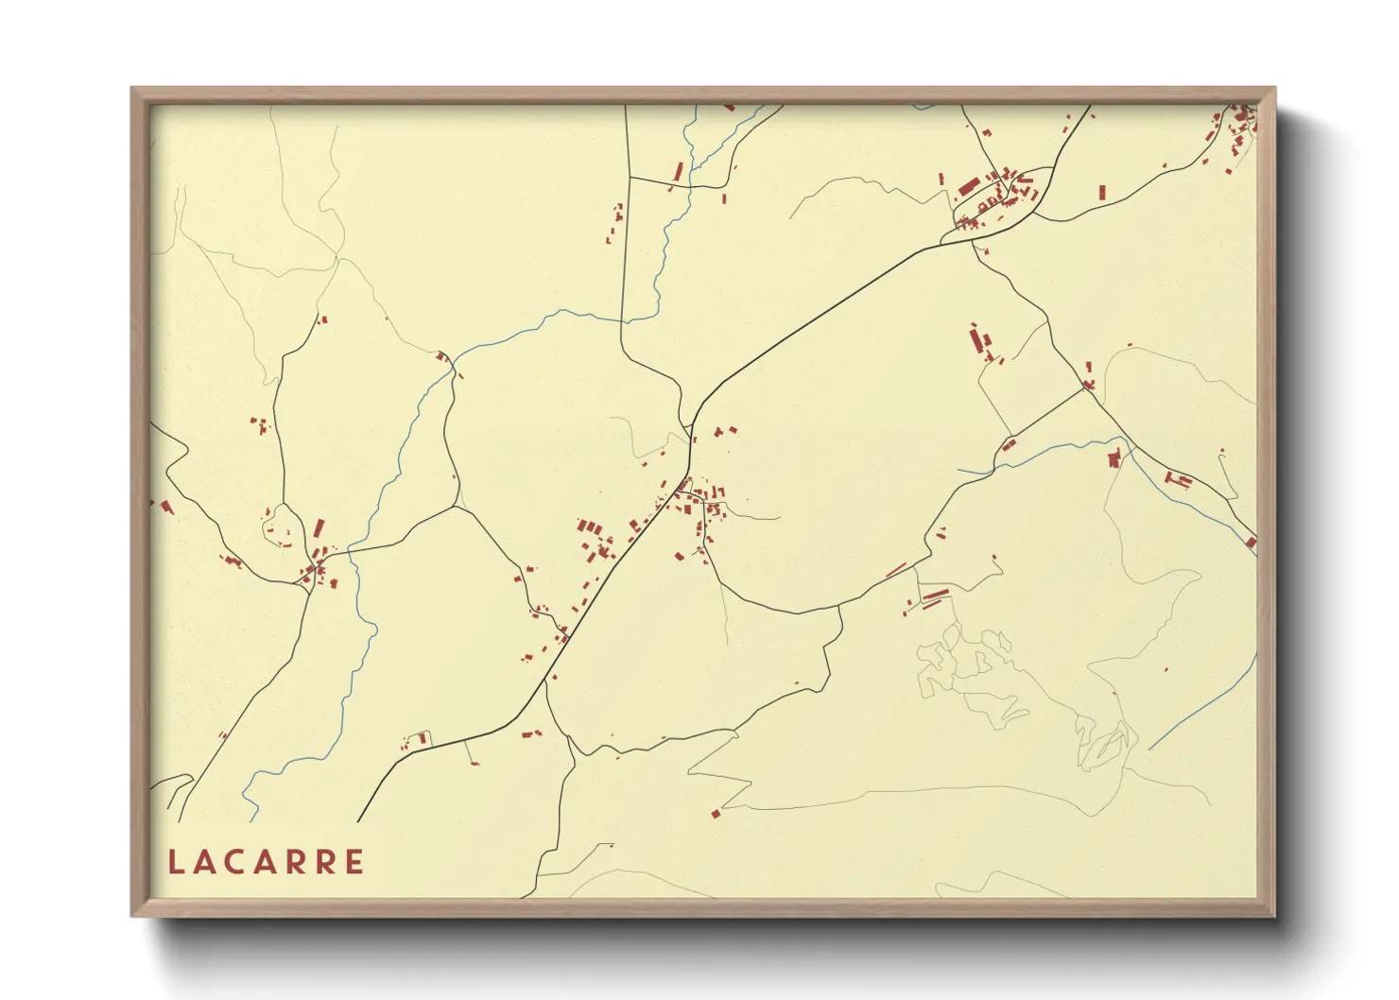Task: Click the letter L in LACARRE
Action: coord(175,863)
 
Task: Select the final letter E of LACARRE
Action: coord(354,863)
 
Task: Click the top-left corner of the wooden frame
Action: coord(131,89)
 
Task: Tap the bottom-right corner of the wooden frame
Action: coord(1274,916)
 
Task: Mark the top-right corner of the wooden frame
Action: coord(1274,89)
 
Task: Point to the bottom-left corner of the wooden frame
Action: coord(131,916)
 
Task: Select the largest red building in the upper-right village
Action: coord(968,186)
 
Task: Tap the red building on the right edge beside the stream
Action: coord(1251,543)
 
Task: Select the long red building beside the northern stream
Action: coord(678,172)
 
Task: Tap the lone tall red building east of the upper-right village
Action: coord(1102,191)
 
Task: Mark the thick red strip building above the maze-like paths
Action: coord(934,595)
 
